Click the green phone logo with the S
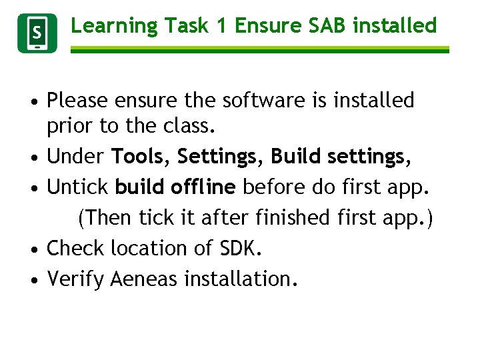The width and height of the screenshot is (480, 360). pos(37,33)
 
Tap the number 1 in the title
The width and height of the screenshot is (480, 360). pos(221,25)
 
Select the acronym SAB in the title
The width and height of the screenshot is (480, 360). pos(324,25)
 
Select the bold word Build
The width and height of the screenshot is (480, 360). pos(297,157)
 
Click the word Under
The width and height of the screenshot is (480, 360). pos(76,157)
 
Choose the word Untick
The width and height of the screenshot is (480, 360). pos(78,187)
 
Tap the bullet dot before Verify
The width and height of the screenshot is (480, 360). pos(33,279)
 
